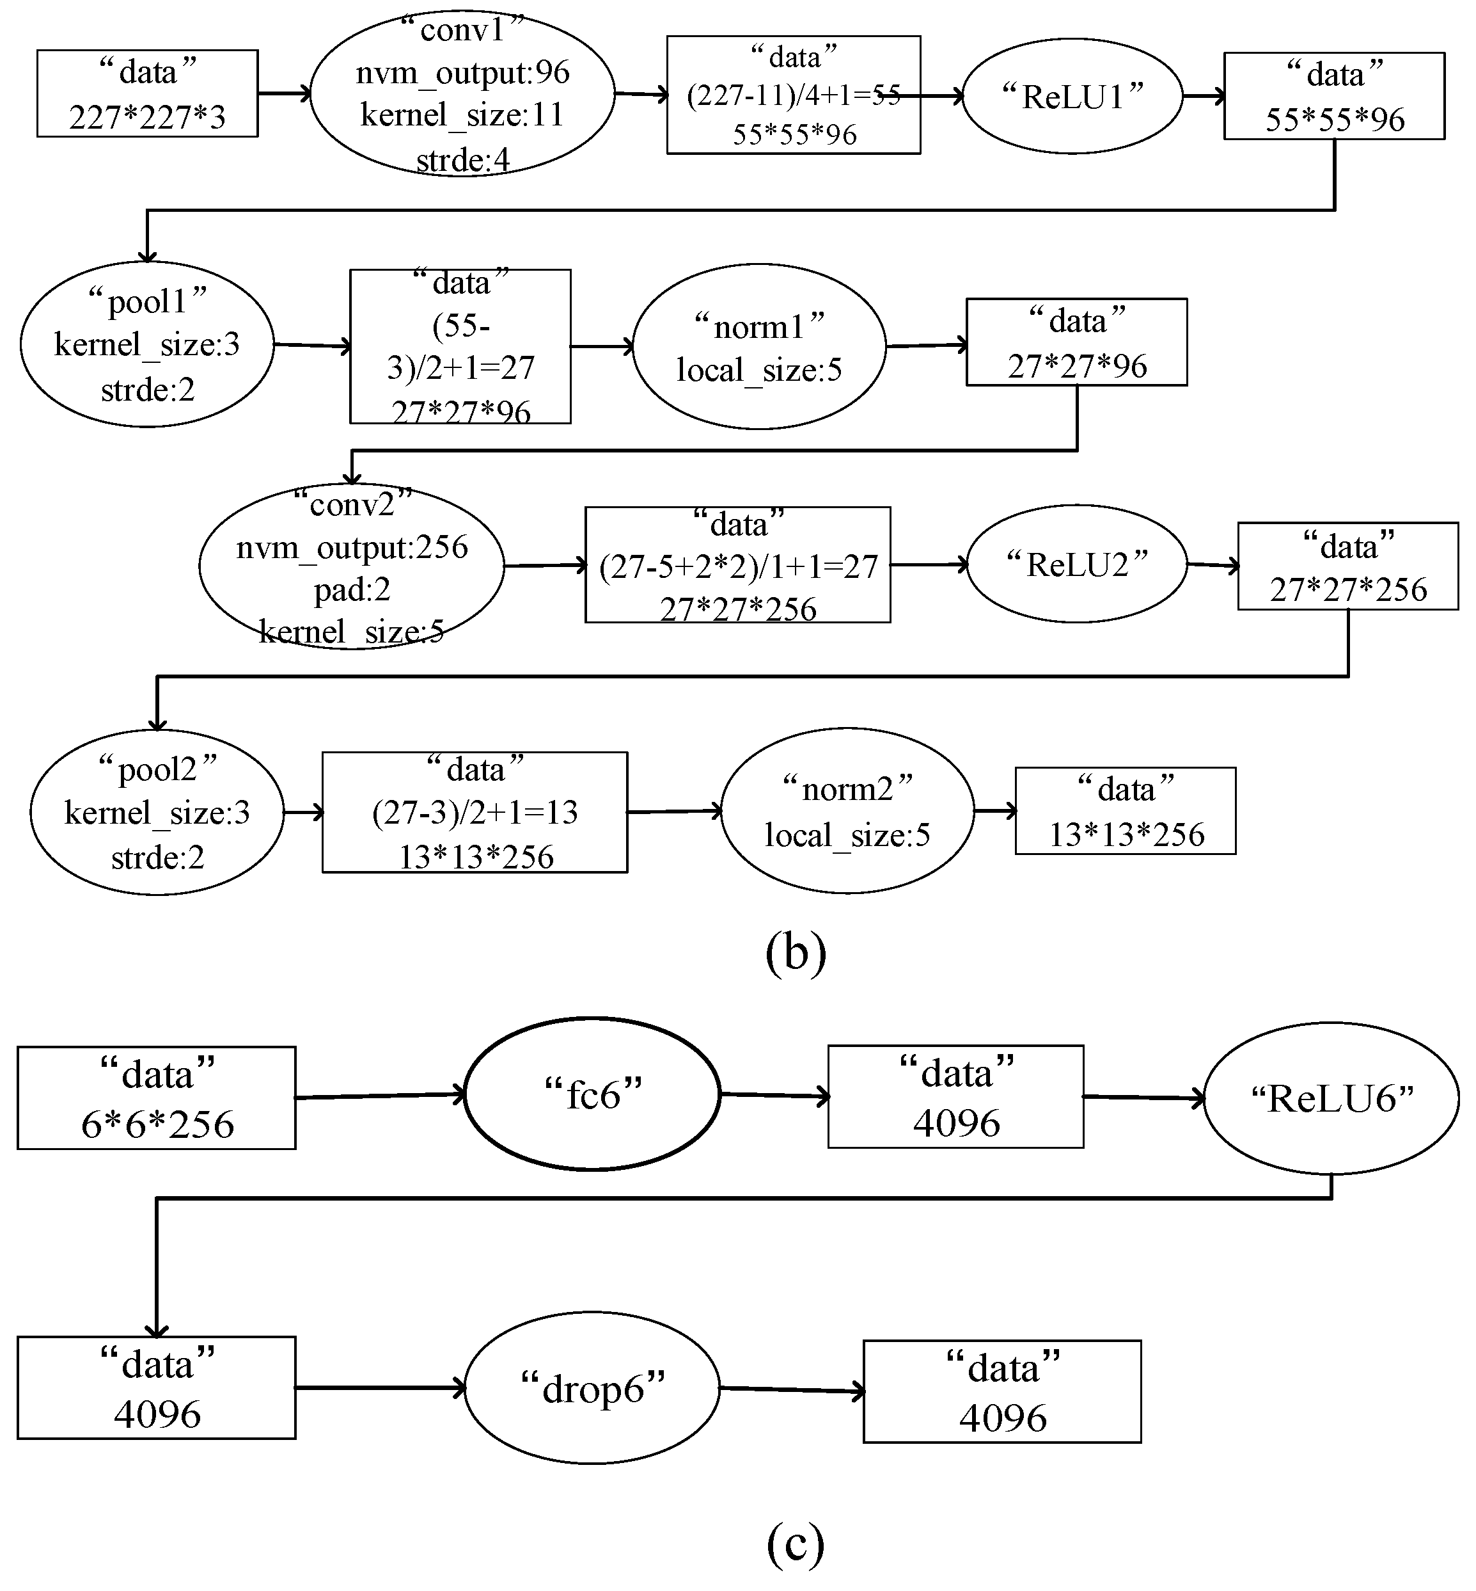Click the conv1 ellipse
(462, 94)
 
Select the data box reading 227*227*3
(147, 93)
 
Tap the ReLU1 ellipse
(1072, 96)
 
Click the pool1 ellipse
(147, 344)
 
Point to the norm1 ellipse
(758, 347)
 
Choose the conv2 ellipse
(352, 566)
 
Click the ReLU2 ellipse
(1077, 564)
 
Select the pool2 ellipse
(157, 812)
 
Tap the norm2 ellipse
(847, 811)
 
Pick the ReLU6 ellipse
(1331, 1098)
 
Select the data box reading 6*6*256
(157, 1098)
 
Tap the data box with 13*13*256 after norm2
(1126, 811)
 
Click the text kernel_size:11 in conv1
(462, 115)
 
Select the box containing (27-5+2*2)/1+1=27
(737, 565)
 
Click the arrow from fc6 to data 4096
(774, 1096)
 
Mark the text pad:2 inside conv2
(352, 589)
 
